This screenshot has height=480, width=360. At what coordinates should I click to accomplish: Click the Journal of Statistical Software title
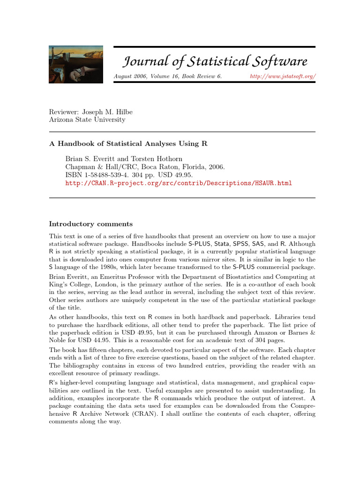point(215,61)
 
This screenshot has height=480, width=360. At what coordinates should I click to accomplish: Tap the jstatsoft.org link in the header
point(283,76)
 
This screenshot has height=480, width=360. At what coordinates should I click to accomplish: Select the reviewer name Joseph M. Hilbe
point(108,112)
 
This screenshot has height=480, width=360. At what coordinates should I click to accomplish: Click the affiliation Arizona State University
point(88,120)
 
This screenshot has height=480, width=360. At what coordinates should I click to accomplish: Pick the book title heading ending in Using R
point(128,144)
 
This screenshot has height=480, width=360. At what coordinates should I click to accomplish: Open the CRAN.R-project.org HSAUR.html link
point(178,183)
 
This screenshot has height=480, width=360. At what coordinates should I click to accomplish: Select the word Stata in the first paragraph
point(223,244)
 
